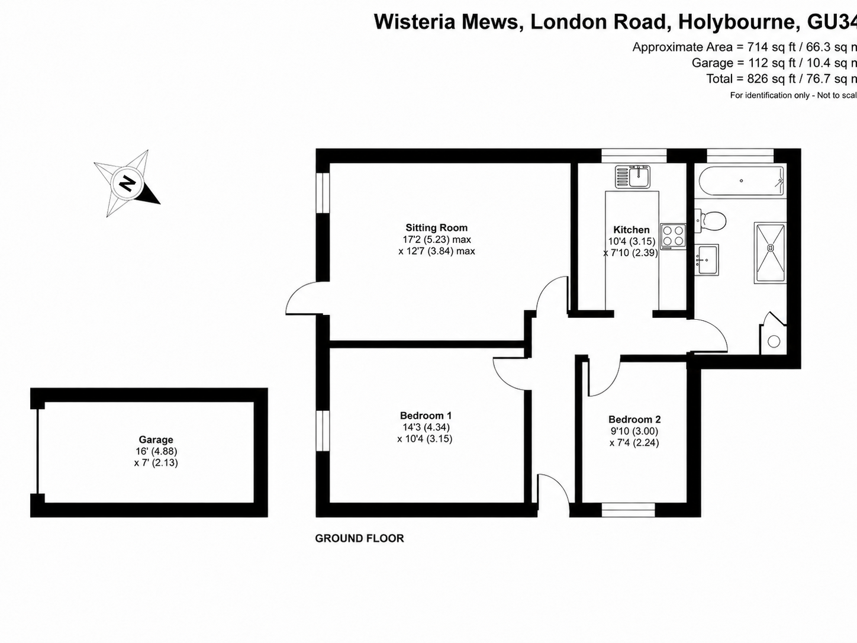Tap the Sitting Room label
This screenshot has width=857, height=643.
coord(436,227)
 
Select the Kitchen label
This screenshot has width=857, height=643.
coord(632,230)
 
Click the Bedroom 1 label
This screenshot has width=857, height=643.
coord(426,416)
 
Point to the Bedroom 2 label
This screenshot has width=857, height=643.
coord(634,419)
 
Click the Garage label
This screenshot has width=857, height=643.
coord(156,440)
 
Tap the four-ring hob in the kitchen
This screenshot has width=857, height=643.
coord(673,236)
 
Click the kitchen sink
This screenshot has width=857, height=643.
coord(633,176)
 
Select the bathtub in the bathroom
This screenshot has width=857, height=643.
coord(740,181)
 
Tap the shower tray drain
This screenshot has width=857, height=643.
coord(771,247)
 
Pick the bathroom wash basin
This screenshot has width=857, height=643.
coord(706,259)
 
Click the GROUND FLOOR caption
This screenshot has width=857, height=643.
coord(359,538)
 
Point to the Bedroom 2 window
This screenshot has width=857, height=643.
coord(628,510)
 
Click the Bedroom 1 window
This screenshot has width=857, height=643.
coord(323,430)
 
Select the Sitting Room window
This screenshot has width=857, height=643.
coord(323,193)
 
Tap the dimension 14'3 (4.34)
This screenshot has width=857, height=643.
coord(426,427)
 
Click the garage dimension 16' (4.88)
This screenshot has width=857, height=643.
coord(156,451)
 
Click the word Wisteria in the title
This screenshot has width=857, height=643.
coord(415,22)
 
